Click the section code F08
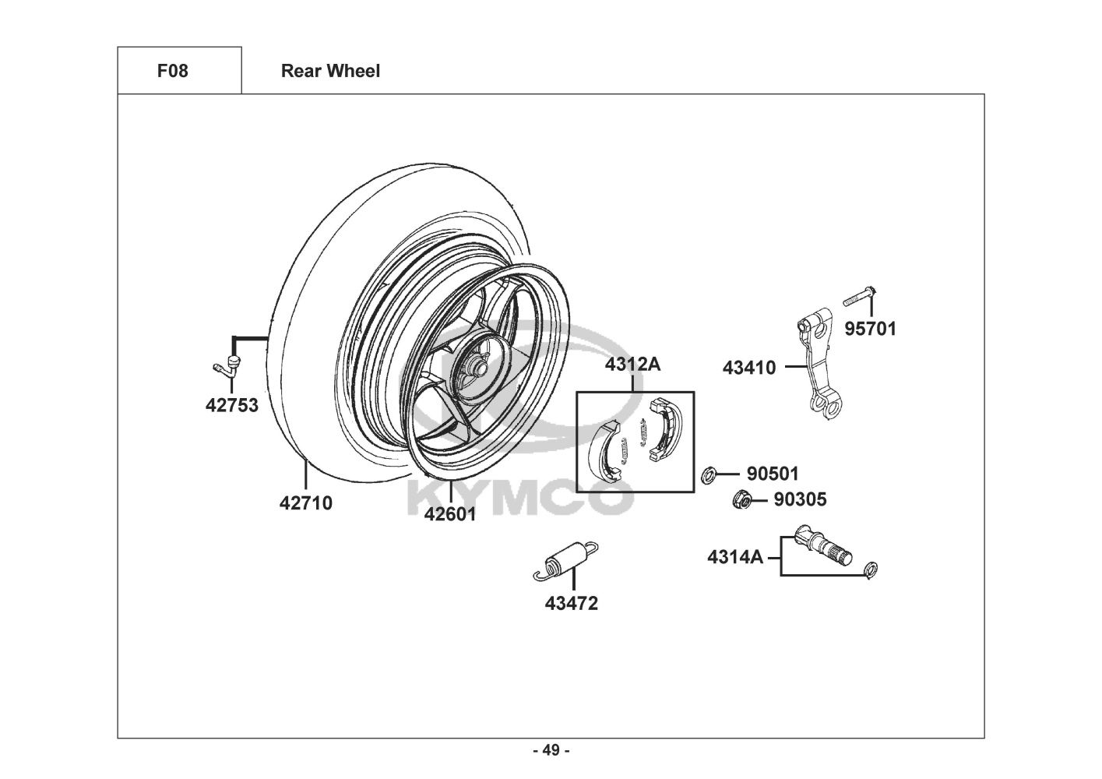(172, 71)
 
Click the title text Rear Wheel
(330, 71)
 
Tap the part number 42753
(232, 405)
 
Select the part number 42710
(306, 503)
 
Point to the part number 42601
(450, 514)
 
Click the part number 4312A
(632, 364)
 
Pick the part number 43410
(748, 368)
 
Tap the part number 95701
(870, 329)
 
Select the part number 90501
(773, 474)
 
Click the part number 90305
(800, 499)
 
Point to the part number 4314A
(735, 557)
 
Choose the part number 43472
(571, 603)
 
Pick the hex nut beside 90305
(742, 500)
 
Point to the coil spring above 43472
(566, 561)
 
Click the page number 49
(551, 750)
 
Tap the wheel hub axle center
(479, 368)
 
